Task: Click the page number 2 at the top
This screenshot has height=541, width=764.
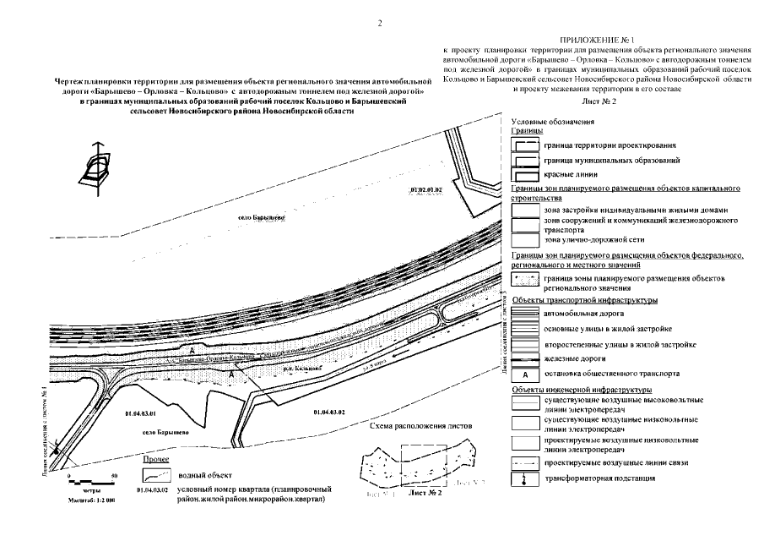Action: pos(381,23)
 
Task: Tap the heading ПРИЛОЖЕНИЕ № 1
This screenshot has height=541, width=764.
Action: pos(599,41)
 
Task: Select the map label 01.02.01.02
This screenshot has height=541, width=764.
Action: pos(425,191)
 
